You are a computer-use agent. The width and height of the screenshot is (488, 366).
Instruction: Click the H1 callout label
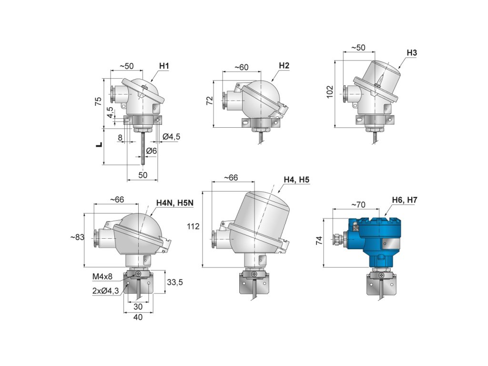[164, 66]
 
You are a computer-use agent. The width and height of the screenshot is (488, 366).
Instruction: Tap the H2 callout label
[284, 66]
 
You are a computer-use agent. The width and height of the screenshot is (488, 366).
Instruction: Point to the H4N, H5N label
[175, 203]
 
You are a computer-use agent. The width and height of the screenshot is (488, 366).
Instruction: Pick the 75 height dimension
[98, 101]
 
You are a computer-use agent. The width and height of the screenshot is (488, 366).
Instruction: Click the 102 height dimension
[329, 91]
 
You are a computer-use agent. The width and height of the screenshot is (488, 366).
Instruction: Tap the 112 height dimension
[193, 226]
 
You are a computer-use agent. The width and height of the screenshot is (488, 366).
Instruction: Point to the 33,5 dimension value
[174, 283]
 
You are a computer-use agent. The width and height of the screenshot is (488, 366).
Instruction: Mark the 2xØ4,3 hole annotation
[106, 289]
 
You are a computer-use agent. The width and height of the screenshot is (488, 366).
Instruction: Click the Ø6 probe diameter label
[152, 151]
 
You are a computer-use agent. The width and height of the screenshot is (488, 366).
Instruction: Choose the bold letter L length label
[99, 144]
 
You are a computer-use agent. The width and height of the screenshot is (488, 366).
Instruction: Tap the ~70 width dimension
[358, 205]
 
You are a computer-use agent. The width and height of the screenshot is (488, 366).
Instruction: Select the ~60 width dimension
[242, 68]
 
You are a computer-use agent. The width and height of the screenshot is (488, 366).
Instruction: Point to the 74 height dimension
[318, 240]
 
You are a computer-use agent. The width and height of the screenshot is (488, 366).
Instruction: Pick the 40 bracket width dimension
[138, 317]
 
